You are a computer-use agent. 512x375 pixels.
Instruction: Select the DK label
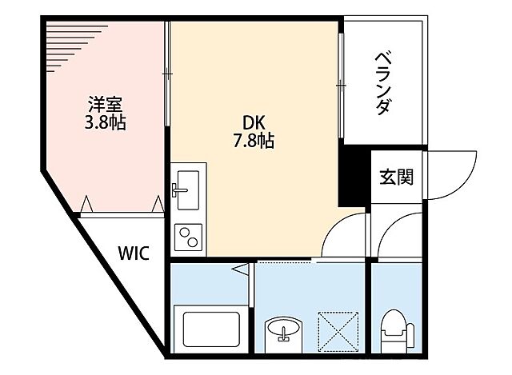(255, 123)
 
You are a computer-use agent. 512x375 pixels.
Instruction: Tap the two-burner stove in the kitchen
(188, 237)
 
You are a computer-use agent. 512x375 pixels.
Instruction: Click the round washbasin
(284, 328)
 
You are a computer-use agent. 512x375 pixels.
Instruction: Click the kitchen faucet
(177, 189)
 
